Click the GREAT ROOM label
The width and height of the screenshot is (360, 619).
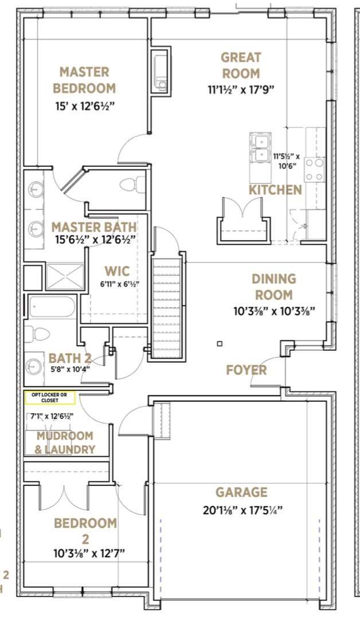(241, 65)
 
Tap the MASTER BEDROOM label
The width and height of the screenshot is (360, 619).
(84, 80)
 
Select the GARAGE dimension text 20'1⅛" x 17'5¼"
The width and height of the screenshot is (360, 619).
(242, 510)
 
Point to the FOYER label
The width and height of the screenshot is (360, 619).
(246, 370)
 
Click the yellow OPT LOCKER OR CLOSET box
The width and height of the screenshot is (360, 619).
(50, 398)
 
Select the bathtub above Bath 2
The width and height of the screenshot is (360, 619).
(52, 307)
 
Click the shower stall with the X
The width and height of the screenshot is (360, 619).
(65, 276)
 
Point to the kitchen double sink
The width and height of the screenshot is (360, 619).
(260, 148)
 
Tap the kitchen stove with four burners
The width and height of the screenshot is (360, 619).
(315, 169)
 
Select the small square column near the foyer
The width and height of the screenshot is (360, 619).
(220, 343)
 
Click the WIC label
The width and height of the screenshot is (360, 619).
(117, 271)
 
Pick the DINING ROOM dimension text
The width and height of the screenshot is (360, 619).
(274, 311)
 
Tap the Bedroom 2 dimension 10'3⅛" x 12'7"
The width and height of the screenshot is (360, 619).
(89, 554)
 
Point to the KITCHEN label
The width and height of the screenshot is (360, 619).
(275, 190)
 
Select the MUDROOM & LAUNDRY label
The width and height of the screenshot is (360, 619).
(65, 442)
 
